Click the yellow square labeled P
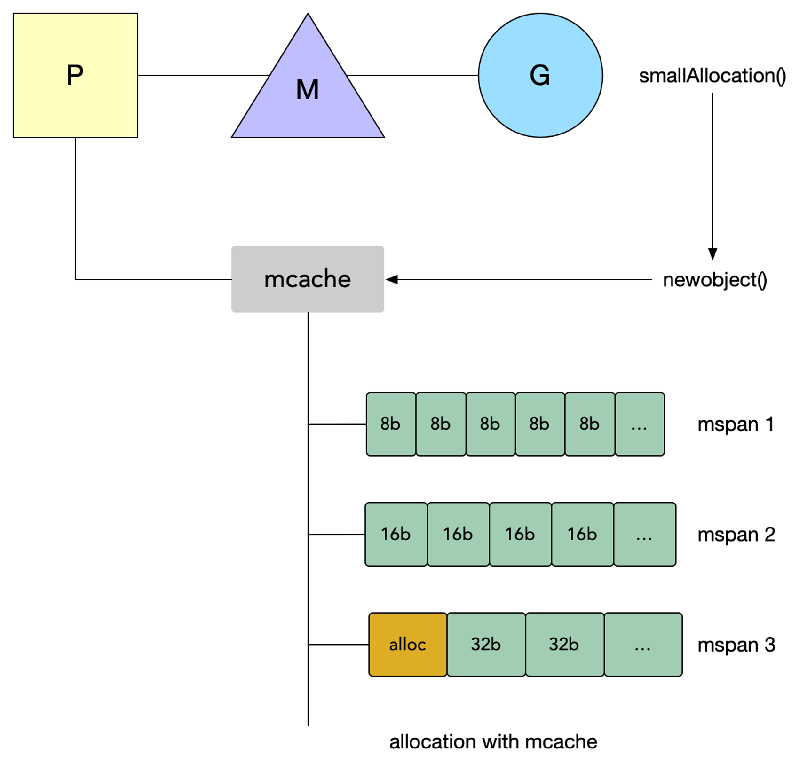[x=75, y=75]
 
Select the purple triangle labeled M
[x=308, y=94]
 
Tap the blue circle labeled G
[x=540, y=75]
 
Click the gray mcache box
[x=308, y=279]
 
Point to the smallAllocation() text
[x=712, y=76]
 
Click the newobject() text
[x=715, y=280]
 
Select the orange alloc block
[x=408, y=645]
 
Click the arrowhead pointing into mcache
[x=391, y=279]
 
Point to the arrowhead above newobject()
[x=712, y=254]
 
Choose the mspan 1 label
[x=736, y=425]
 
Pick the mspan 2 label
[x=736, y=535]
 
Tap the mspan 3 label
[x=736, y=645]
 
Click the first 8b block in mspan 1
[x=391, y=424]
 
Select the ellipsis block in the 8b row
[x=640, y=424]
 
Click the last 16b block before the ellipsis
[x=582, y=534]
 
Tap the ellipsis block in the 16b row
[x=645, y=534]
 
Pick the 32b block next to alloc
[x=486, y=645]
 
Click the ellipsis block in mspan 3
[x=643, y=645]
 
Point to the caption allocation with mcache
[x=493, y=742]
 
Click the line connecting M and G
[x=412, y=75]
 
